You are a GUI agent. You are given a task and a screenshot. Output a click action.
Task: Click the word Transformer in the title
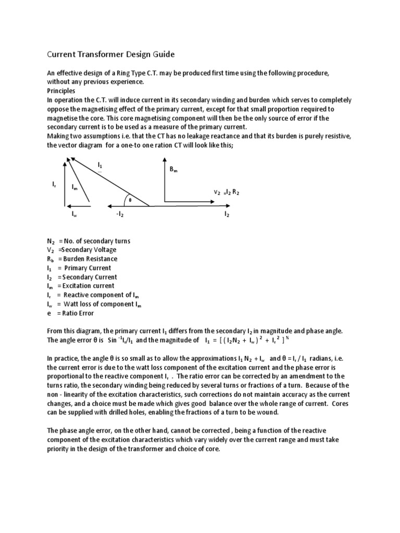coord(105,54)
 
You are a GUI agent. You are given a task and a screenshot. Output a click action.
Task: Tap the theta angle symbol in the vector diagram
coord(130,199)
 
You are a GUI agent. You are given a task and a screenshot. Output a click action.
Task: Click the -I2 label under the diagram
coord(120,214)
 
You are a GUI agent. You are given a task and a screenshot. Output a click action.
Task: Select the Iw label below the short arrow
coord(74,214)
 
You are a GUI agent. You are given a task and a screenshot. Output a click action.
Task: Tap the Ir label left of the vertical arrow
coord(54,184)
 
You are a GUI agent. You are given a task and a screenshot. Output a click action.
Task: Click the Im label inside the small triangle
coord(75,187)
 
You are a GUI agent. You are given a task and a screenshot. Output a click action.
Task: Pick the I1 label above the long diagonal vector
coord(100,165)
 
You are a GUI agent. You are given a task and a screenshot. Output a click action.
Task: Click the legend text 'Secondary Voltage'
coord(90,250)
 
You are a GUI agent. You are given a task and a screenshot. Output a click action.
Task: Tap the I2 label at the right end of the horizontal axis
coord(227,214)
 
